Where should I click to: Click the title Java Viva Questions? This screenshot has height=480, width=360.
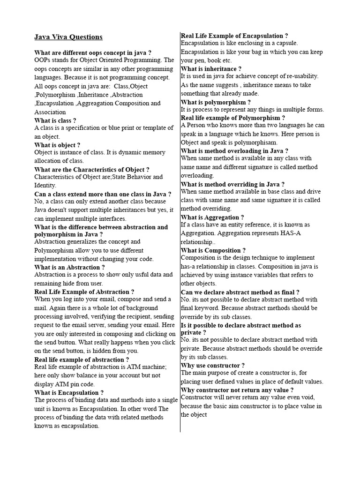tap(68, 37)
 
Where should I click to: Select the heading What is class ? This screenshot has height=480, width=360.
tap(55, 120)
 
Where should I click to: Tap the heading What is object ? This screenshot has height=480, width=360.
tap(57, 145)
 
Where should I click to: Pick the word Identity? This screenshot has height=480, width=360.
tap(45, 185)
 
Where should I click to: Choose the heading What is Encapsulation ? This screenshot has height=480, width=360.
tap(69, 392)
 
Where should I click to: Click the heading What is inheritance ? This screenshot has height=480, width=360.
tap(211, 68)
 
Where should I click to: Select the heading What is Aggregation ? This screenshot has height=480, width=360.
tap(212, 217)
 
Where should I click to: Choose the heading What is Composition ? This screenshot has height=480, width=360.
tap(213, 250)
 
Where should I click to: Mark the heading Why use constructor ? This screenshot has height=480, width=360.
tap(213, 365)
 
